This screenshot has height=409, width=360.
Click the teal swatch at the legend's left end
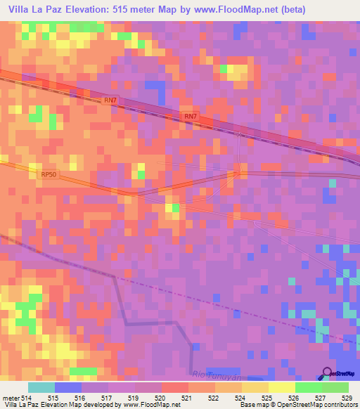(41, 387)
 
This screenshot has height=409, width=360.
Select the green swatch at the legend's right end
(335, 387)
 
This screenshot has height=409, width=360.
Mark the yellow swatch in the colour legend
(282, 387)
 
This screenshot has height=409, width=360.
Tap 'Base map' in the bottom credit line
(250, 405)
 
